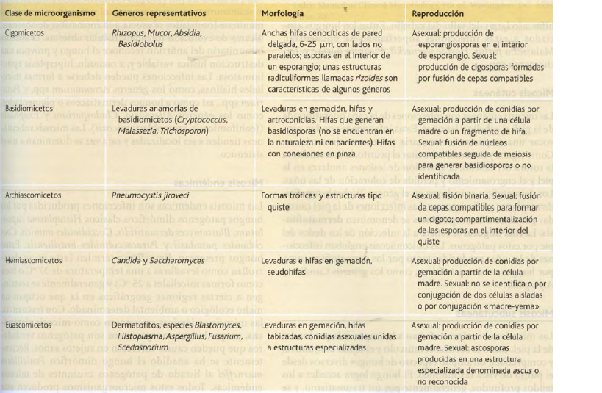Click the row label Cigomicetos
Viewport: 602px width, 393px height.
coord(24,34)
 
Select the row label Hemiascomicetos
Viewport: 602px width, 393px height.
coord(32,261)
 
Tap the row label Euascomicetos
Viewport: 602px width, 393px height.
coord(27,324)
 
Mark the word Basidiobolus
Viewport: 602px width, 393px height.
coord(142,44)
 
